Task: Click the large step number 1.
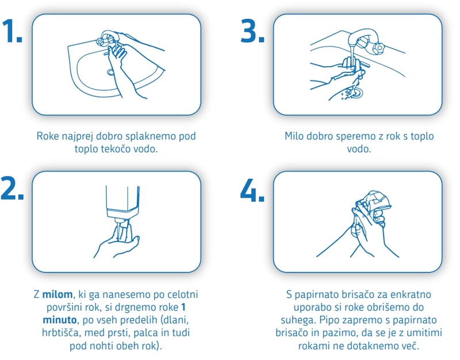click(11, 31)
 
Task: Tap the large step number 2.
click(12, 188)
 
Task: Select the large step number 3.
click(252, 31)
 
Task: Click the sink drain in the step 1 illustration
click(110, 72)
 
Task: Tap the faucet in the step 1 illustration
click(108, 37)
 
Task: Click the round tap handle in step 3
click(378, 48)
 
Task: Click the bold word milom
click(57, 294)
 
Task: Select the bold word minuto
click(60, 320)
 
